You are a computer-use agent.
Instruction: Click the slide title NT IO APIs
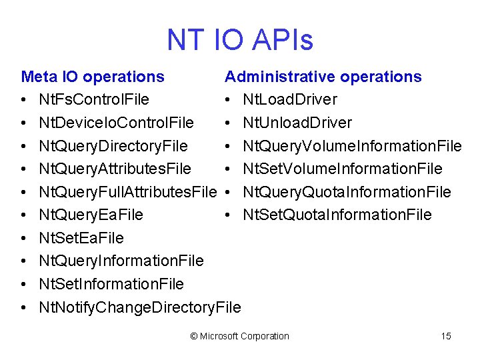(x=240, y=40)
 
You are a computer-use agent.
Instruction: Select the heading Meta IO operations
(x=93, y=77)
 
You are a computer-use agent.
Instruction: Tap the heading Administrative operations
(x=323, y=77)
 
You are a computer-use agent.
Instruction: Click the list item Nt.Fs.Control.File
(x=94, y=100)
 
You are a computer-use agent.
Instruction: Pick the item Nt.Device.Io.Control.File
(x=116, y=123)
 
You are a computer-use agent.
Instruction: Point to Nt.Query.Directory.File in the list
(x=113, y=146)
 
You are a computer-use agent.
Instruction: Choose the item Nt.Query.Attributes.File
(x=115, y=169)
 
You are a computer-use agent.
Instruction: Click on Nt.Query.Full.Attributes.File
(x=128, y=192)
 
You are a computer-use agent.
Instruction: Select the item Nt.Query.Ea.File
(x=91, y=215)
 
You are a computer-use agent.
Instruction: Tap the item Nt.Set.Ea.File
(x=81, y=238)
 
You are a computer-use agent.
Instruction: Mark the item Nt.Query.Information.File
(x=121, y=261)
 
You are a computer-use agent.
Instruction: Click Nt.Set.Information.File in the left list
(x=111, y=284)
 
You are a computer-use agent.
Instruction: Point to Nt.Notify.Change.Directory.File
(x=140, y=307)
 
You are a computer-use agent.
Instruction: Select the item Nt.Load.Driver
(x=290, y=100)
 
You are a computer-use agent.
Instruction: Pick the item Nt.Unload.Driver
(x=297, y=123)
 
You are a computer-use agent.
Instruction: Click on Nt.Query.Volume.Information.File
(x=352, y=146)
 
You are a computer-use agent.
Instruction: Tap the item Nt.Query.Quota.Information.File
(x=347, y=192)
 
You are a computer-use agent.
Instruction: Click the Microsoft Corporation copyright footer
(x=240, y=336)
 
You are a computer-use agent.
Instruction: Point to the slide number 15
(x=446, y=336)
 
